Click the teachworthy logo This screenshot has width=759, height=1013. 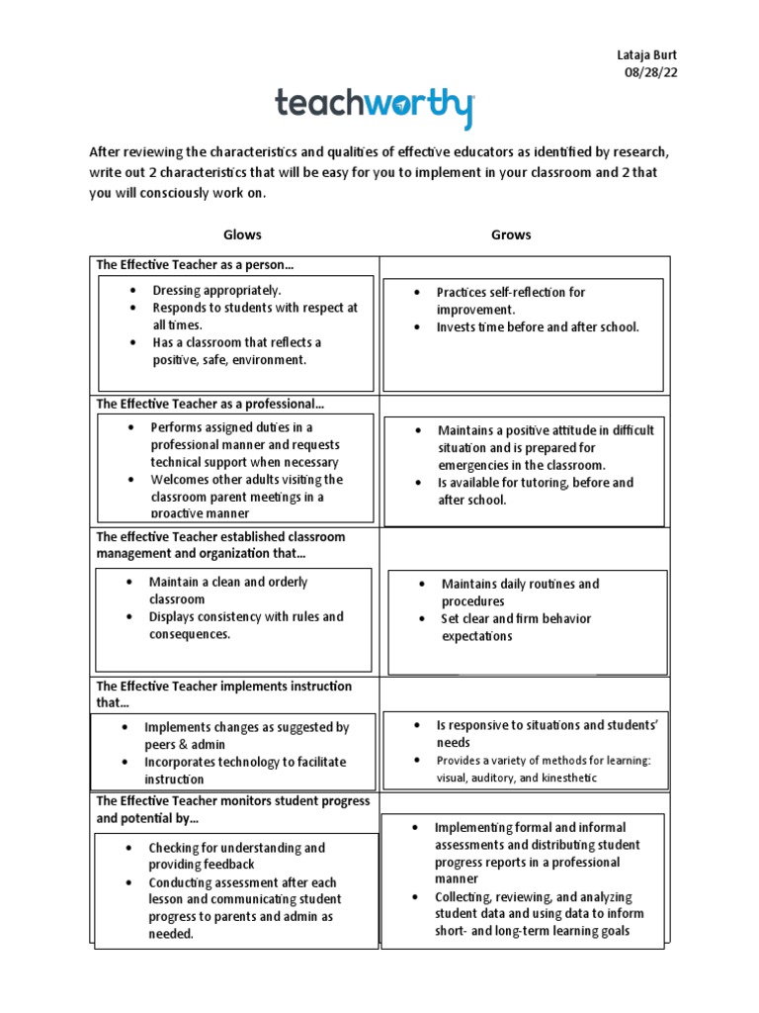pyautogui.click(x=375, y=106)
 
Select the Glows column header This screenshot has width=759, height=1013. pyautogui.click(x=242, y=234)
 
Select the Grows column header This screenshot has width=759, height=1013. pyautogui.click(x=511, y=234)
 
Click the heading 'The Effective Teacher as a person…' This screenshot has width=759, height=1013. pyautogui.click(x=195, y=265)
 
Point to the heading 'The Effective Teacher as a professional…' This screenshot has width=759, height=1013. pyautogui.click(x=210, y=404)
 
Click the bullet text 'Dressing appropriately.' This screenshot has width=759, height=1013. pyautogui.click(x=216, y=290)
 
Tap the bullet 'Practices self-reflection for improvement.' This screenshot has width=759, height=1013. pyautogui.click(x=511, y=301)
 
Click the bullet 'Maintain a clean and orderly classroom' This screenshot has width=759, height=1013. pyautogui.click(x=227, y=591)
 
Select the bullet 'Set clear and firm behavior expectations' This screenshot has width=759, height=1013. pyautogui.click(x=515, y=627)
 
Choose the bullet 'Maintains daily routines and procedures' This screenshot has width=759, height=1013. pyautogui.click(x=520, y=593)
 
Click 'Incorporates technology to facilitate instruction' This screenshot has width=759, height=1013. pyautogui.click(x=245, y=771)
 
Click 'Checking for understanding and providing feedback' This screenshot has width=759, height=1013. pyautogui.click(x=236, y=856)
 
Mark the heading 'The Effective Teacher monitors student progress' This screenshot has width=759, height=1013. pyautogui.click(x=232, y=800)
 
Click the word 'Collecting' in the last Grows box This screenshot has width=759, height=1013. pyautogui.click(x=464, y=896)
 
